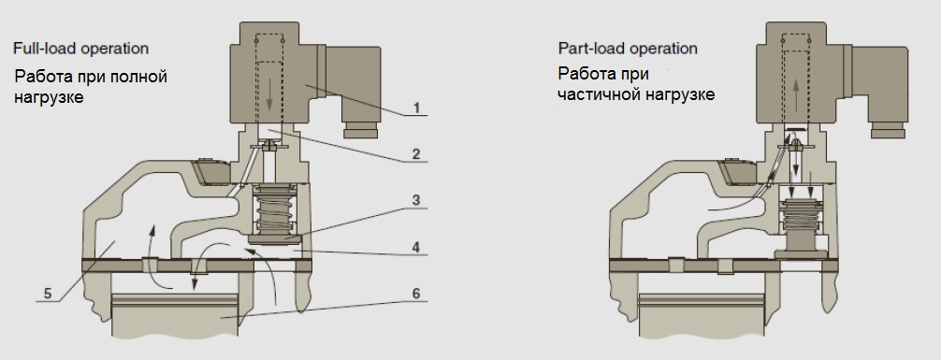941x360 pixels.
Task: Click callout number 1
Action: point(416,108)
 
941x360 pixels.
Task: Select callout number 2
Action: point(416,154)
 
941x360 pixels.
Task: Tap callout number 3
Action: point(416,200)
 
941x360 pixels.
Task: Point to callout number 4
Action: point(416,247)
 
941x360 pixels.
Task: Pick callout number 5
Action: point(48,294)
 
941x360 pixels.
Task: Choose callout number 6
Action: point(416,294)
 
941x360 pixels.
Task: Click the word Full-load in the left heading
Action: point(45,48)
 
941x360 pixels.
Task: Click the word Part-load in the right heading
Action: point(590,48)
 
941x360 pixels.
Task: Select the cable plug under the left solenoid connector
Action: point(360,130)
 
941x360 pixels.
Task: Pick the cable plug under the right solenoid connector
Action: point(888,130)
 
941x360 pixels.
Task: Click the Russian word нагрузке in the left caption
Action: point(49,97)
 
